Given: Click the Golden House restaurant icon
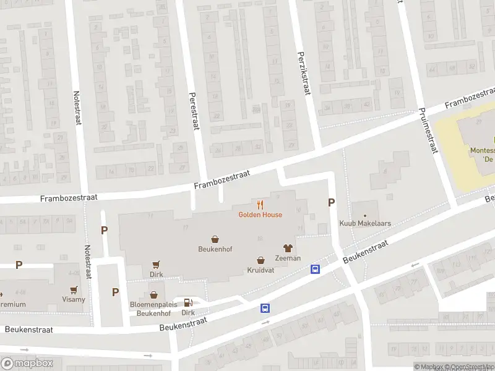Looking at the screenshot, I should pos(260,204).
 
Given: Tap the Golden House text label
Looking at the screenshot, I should pos(260,215).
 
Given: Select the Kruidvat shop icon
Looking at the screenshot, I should pos(260,260).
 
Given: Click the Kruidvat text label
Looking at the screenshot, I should pos(260,270).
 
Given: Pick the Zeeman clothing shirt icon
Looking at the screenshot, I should pos(288,248).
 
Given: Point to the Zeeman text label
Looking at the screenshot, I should pos(288,258).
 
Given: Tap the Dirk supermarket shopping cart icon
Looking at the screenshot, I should pos(156,263).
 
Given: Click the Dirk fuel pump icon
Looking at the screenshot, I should pos(188,302).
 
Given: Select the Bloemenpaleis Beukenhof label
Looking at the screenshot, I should pos(153,309).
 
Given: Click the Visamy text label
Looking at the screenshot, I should pos(74,299).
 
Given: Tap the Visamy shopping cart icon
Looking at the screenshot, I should pos(74,289).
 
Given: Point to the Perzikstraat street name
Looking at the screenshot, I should pos(303,73).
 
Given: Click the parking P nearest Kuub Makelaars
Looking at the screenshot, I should pos(332,202).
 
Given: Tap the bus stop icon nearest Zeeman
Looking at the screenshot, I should pos(315,269).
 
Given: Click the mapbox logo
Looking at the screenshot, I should pos(26,364).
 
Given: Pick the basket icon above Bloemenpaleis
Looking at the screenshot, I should pos(153,296).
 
